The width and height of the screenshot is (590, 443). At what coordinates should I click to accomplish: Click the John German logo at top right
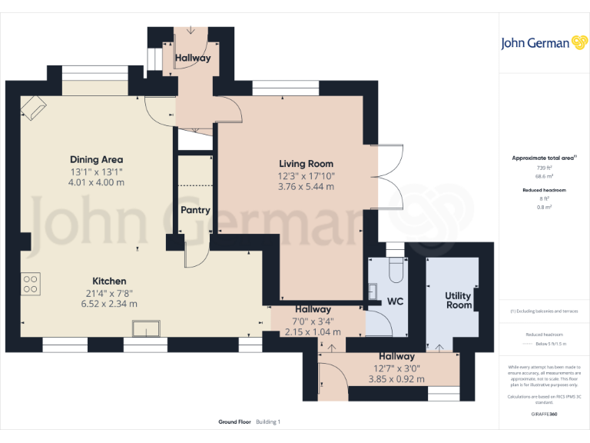(x=545, y=42)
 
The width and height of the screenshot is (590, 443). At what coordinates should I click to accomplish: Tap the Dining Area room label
(x=96, y=159)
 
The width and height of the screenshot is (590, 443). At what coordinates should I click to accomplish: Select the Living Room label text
(x=306, y=163)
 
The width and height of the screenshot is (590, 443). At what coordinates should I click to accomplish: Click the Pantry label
(x=195, y=210)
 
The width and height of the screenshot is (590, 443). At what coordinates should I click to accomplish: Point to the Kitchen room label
(x=109, y=281)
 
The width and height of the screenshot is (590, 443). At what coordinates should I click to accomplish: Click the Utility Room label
(x=458, y=301)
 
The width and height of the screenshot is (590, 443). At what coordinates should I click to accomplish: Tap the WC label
(x=395, y=301)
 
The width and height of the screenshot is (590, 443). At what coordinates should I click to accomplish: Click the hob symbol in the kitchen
(x=31, y=284)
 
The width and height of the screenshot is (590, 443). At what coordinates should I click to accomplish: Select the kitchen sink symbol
(x=146, y=329)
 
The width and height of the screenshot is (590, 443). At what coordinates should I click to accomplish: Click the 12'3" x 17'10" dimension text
(x=306, y=175)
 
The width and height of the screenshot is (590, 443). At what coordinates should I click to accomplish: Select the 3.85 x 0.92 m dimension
(x=396, y=379)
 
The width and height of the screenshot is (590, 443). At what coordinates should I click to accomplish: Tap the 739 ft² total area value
(x=544, y=167)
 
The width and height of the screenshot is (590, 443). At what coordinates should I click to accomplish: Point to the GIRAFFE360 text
(x=544, y=414)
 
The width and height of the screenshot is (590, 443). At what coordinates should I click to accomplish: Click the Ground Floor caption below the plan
(x=234, y=421)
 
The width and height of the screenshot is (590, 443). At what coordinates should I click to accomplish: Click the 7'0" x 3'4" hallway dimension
(x=313, y=321)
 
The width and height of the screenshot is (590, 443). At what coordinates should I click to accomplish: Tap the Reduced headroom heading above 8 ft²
(x=544, y=189)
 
